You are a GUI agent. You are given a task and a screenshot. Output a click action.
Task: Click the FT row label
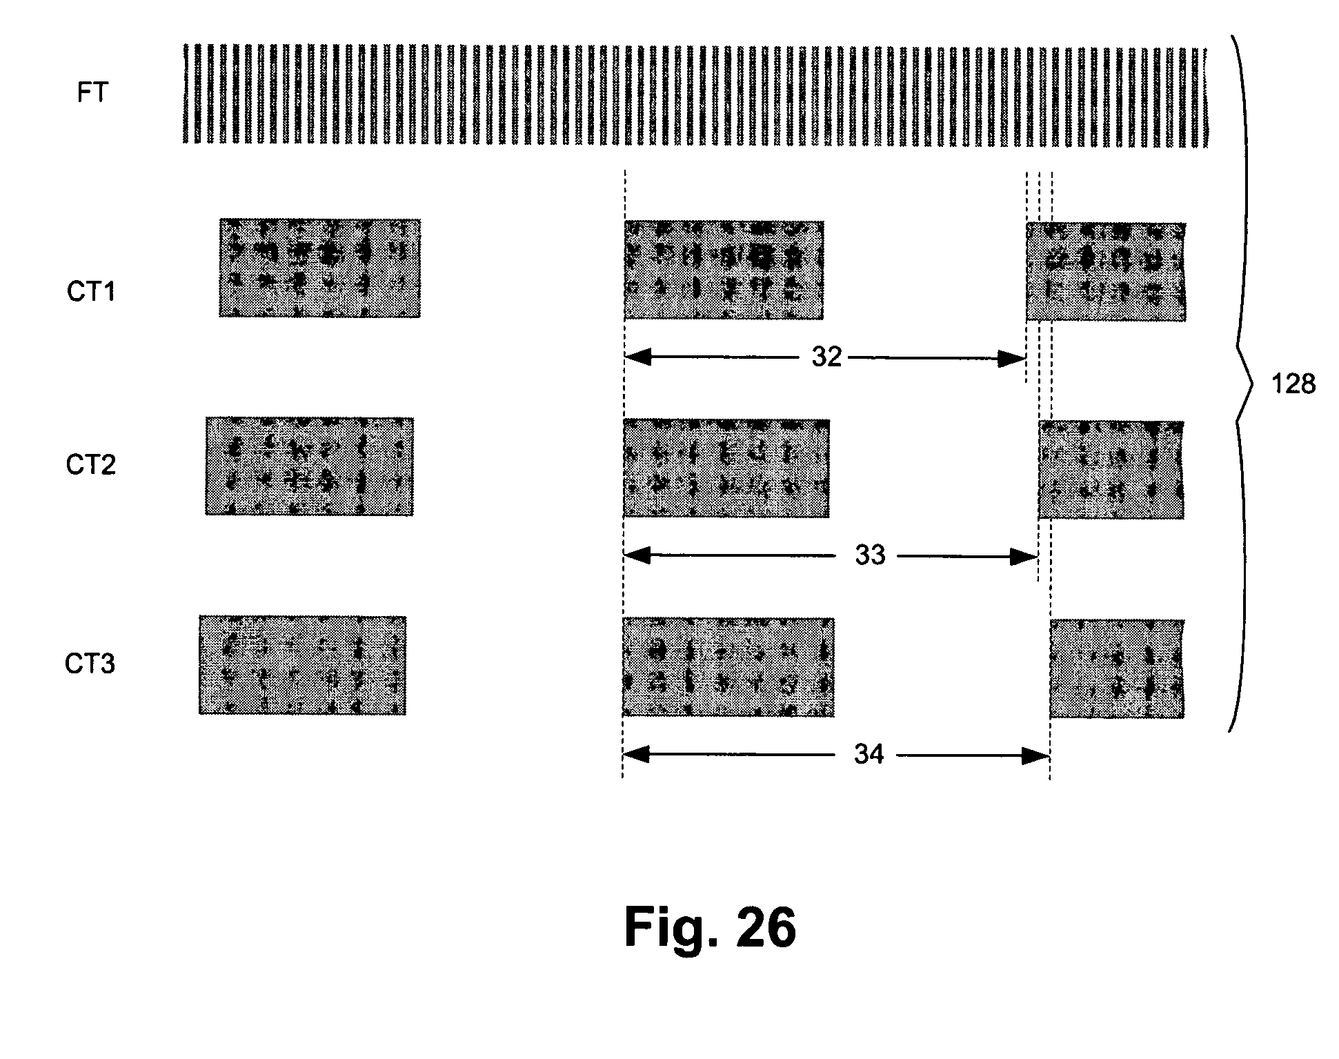(x=92, y=92)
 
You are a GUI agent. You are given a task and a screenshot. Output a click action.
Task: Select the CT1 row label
(x=91, y=292)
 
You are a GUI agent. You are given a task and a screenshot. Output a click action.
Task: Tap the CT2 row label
(x=91, y=466)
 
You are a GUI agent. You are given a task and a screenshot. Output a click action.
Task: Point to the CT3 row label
(x=90, y=664)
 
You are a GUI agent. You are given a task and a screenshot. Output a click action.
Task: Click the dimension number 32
(x=826, y=357)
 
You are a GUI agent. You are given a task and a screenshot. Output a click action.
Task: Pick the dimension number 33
(x=870, y=555)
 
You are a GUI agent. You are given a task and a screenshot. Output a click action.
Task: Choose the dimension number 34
(x=869, y=755)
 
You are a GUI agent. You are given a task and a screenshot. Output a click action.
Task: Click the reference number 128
(x=1293, y=384)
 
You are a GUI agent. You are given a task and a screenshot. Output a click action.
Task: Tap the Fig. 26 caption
(x=710, y=928)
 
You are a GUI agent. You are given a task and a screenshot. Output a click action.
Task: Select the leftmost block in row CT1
(x=319, y=268)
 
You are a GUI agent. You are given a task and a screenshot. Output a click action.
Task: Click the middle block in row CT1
(x=724, y=270)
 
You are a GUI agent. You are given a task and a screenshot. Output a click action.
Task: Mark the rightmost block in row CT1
(x=1106, y=272)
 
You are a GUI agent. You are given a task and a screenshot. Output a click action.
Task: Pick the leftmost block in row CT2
(x=309, y=466)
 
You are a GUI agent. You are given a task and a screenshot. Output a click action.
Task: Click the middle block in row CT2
(x=726, y=468)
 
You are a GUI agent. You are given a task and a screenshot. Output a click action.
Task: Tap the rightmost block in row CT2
(x=1111, y=470)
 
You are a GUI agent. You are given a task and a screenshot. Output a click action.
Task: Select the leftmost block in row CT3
(x=302, y=665)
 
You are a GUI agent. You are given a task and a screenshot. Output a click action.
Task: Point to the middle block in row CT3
(x=728, y=667)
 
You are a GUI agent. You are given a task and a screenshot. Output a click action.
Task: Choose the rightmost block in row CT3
(x=1117, y=669)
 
